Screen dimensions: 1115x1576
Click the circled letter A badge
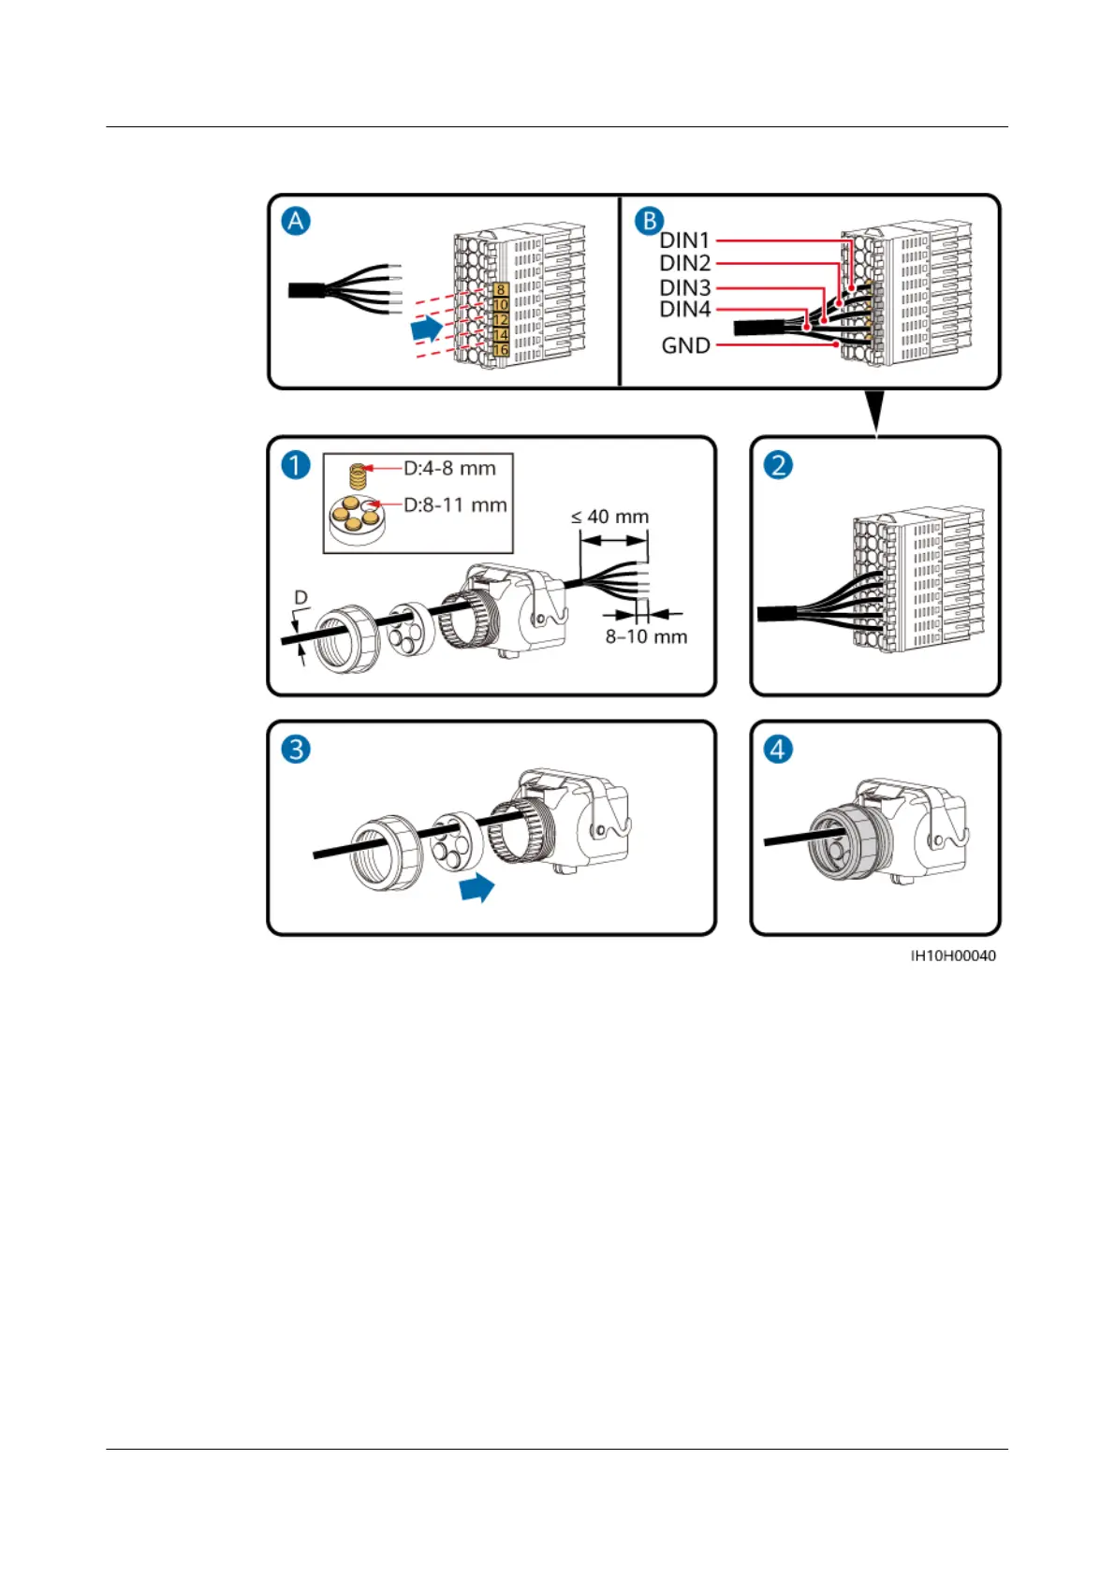(297, 222)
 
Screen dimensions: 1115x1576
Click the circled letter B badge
(649, 222)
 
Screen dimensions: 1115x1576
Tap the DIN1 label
(685, 241)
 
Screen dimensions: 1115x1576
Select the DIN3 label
(685, 287)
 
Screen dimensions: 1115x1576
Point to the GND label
(686, 345)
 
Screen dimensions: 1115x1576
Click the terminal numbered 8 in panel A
(501, 290)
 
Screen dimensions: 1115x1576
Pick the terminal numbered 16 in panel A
(501, 350)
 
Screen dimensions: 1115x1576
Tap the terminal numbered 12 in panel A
(501, 320)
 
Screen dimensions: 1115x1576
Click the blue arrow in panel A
(428, 328)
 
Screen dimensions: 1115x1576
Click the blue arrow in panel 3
(477, 887)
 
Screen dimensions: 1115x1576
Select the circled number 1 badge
(296, 465)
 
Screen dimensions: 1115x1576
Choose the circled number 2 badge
(778, 465)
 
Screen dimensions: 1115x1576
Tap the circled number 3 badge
(296, 749)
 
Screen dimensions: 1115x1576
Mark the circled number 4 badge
(778, 749)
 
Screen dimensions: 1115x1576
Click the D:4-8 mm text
(449, 468)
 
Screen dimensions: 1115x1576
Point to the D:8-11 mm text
(455, 504)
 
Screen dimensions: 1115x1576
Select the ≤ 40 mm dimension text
(610, 517)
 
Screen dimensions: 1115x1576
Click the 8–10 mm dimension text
(646, 636)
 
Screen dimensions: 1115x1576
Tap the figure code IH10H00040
(953, 956)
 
